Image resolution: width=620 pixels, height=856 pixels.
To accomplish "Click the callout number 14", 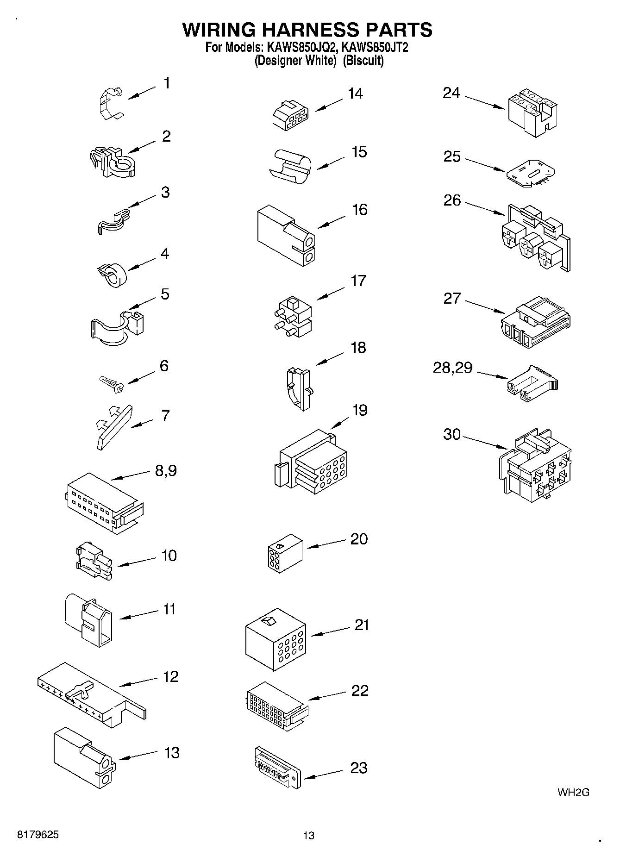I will (x=355, y=94).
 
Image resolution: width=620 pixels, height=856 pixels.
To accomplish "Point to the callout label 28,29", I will (x=452, y=368).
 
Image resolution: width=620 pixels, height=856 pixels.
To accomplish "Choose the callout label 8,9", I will (x=166, y=471).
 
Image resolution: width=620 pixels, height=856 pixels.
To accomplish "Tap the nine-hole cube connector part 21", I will (x=276, y=639).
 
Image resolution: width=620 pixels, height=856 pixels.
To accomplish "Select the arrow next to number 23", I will (x=323, y=774).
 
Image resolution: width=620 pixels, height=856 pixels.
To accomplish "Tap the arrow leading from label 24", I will (x=484, y=102).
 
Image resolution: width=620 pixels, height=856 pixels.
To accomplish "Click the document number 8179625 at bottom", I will (x=38, y=835).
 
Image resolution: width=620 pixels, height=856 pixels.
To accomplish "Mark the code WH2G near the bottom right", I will (x=573, y=792).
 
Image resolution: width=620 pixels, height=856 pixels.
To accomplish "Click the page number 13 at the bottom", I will (x=309, y=835).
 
